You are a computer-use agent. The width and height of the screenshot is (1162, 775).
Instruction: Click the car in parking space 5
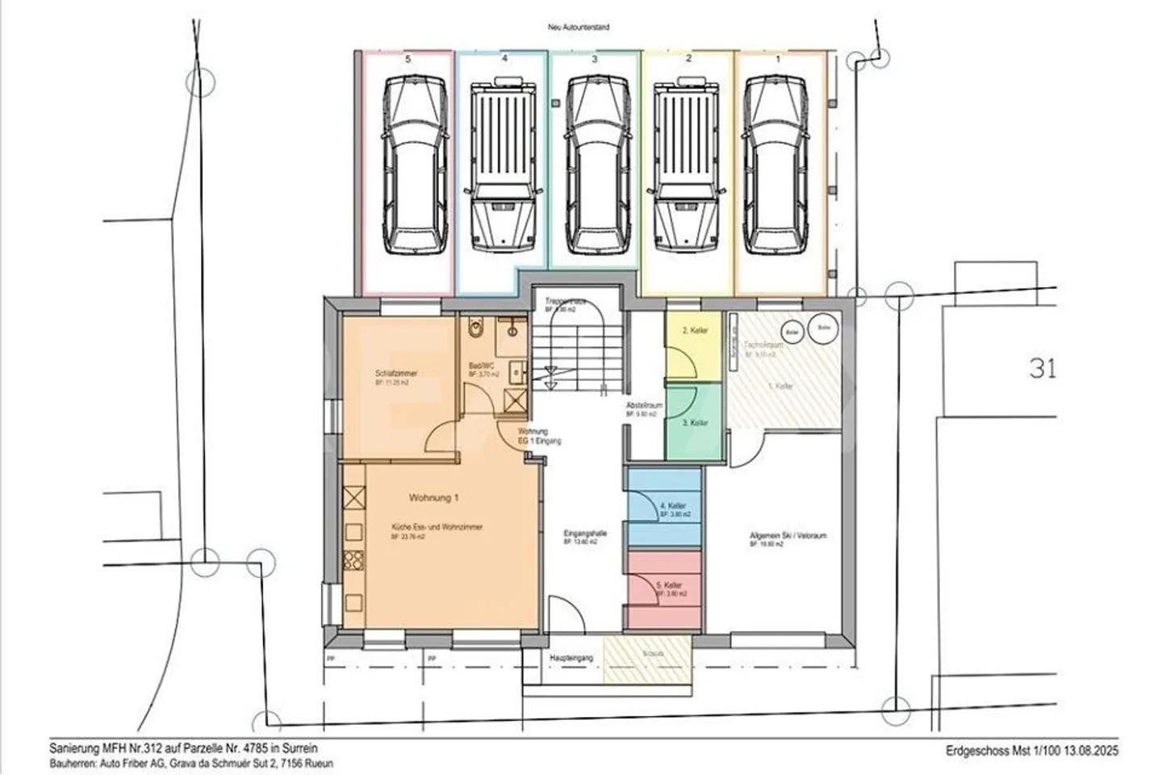pos(413,165)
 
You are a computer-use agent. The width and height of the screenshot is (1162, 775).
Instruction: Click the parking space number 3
pos(595,59)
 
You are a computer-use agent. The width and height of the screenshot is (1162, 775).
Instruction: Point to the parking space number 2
pos(688,59)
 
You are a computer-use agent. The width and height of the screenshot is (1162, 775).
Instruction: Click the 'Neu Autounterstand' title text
pos(579,27)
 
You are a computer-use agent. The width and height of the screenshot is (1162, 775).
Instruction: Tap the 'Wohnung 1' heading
pos(433,497)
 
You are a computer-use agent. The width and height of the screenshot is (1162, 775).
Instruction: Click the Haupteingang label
pos(571,658)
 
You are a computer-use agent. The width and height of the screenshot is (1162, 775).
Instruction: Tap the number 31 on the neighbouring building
pos(1043,368)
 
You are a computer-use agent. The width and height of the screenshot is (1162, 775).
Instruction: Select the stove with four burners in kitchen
pos(353,559)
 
